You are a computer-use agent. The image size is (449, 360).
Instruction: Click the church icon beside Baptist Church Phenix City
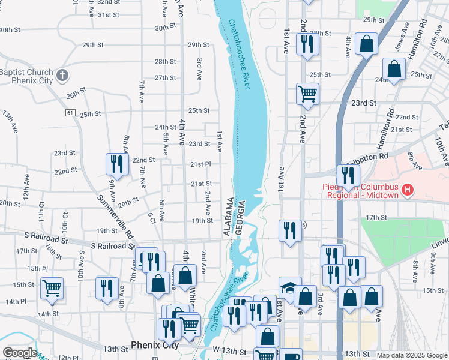62,76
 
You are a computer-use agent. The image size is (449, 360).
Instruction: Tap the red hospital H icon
408,191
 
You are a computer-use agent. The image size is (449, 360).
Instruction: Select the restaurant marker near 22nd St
117,164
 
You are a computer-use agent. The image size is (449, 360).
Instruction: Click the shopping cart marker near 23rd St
307,94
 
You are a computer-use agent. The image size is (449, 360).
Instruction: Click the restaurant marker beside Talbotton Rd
348,175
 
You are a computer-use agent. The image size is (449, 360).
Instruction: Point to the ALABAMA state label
229,217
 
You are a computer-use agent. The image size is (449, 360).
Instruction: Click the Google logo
19,353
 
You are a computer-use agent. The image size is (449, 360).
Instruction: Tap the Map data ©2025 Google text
412,355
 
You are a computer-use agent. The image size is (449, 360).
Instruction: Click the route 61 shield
71,112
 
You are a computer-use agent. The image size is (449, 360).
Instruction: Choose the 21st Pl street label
200,164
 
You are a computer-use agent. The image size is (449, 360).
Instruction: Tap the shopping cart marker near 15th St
52,288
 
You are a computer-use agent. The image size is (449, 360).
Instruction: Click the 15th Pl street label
37,268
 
